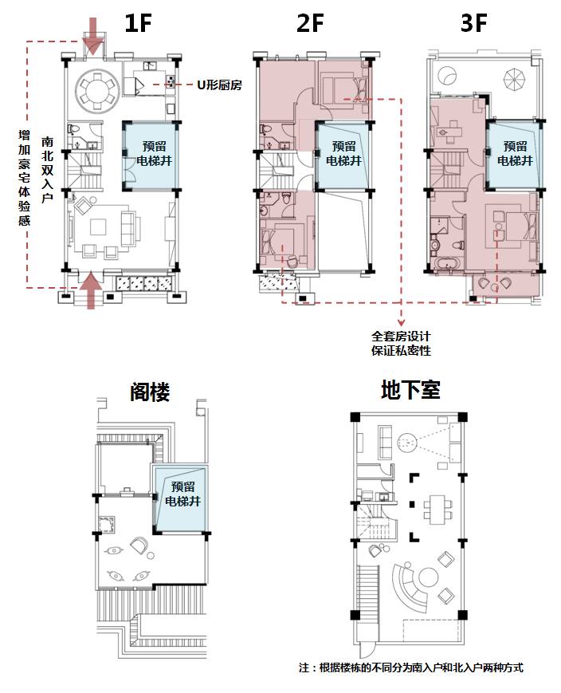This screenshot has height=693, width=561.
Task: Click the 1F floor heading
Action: [137, 24]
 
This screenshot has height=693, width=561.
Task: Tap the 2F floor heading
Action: [310, 24]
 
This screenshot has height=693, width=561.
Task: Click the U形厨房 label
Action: [220, 84]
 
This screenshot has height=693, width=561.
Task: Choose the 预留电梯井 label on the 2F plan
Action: [343, 154]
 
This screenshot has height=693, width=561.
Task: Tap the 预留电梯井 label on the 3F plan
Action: [515, 153]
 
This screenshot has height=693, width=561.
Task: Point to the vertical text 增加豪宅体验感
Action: [24, 179]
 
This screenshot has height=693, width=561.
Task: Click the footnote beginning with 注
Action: [410, 667]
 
